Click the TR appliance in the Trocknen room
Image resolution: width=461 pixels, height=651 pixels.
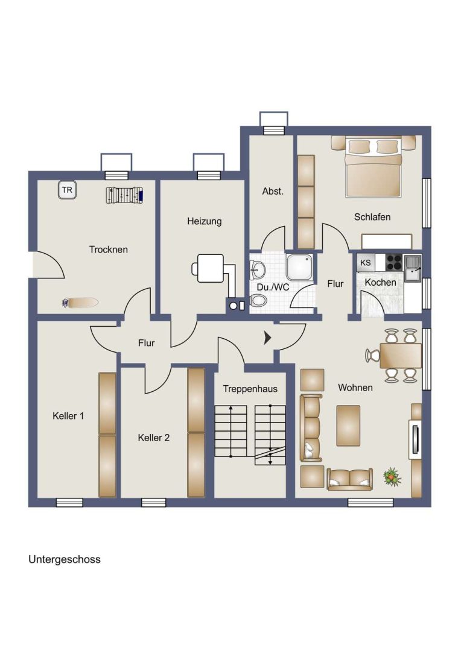[67, 190]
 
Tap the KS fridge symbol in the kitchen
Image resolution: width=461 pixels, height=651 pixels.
[366, 263]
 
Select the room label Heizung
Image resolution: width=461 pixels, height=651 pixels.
[204, 221]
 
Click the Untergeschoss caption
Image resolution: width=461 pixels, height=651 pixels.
[65, 559]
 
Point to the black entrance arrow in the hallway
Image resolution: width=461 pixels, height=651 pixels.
[268, 338]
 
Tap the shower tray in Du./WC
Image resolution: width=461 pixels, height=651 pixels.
[299, 267]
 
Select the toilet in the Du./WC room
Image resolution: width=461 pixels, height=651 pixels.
[258, 301]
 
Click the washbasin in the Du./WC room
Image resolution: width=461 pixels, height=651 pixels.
[257, 269]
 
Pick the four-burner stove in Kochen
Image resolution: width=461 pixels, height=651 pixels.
[393, 262]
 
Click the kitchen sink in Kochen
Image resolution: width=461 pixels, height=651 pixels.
[413, 268]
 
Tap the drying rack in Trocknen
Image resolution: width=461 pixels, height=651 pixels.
[124, 195]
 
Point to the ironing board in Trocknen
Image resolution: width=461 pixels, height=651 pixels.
[80, 303]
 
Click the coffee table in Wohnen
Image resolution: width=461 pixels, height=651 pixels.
[348, 426]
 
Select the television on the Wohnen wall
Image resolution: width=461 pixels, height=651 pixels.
[415, 439]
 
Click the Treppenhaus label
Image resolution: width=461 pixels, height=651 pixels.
[250, 389]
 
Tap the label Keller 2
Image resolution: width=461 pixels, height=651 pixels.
[154, 438]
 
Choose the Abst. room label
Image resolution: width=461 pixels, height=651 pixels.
[273, 192]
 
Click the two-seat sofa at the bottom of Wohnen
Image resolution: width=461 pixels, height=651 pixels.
[349, 479]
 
